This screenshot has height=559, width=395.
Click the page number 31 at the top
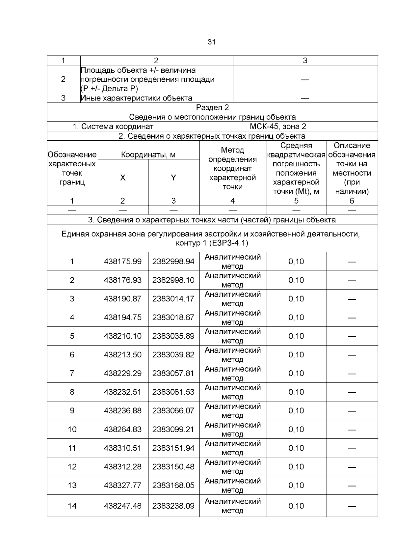point(212,42)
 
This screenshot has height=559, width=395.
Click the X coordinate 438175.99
point(123,262)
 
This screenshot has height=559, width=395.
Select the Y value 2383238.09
point(173,506)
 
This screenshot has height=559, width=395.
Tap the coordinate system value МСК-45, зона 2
point(278,126)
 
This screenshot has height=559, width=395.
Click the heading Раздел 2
point(212,107)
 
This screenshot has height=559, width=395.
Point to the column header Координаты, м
point(148,155)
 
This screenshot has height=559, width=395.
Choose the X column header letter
point(123,178)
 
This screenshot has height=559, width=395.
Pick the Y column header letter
point(173,178)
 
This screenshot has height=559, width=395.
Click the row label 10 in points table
point(72,429)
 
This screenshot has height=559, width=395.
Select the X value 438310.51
point(123,448)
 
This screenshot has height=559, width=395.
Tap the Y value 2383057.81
point(173,373)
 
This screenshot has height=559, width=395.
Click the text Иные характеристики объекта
point(137,98)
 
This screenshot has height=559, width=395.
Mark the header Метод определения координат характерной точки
point(233,168)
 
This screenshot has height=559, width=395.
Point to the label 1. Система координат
point(113,126)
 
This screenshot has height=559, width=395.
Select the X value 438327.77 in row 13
point(123,485)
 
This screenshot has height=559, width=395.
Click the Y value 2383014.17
point(173,299)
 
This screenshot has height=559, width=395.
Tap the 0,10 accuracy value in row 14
point(296,506)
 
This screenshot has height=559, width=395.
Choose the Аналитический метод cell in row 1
point(233,262)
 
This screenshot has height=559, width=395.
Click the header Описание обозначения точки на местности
point(352,168)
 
